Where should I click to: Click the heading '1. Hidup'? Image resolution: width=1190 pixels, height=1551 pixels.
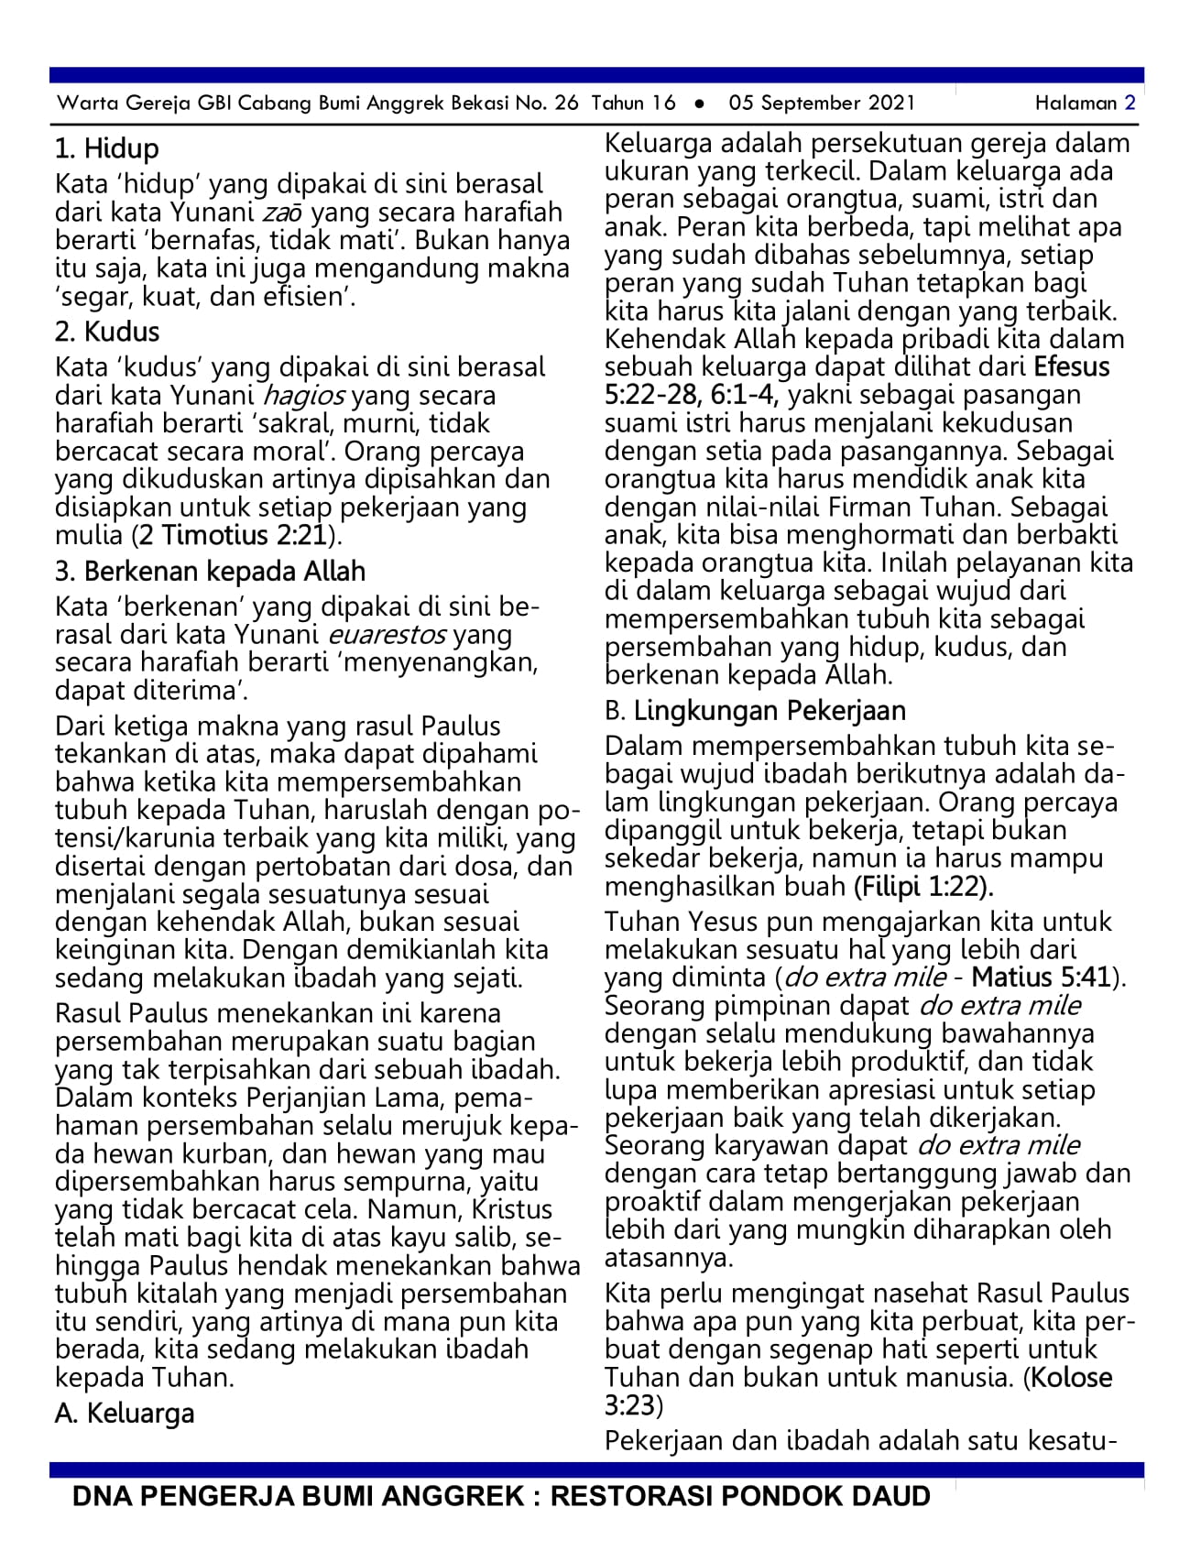point(106,148)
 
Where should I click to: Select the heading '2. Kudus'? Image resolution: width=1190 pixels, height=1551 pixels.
point(106,332)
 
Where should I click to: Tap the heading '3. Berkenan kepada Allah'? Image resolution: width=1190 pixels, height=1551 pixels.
point(210,572)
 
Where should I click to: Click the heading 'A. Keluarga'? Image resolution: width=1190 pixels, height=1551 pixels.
point(125,1414)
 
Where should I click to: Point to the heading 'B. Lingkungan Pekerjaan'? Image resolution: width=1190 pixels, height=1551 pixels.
point(755,711)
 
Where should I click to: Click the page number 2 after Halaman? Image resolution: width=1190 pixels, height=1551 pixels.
point(1130,103)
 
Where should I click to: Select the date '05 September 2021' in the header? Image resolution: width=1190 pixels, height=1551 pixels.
point(822,103)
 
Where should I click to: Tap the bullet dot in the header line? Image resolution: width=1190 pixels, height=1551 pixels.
point(700,104)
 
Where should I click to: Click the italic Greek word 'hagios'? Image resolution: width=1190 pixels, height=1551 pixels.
point(304,396)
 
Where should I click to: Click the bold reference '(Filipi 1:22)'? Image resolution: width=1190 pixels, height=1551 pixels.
point(923,887)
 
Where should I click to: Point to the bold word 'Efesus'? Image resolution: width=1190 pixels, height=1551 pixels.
point(1072,367)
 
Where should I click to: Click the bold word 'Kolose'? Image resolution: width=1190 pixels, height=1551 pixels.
point(1072,1378)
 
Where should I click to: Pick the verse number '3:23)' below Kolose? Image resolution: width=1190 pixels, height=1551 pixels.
point(633,1405)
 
